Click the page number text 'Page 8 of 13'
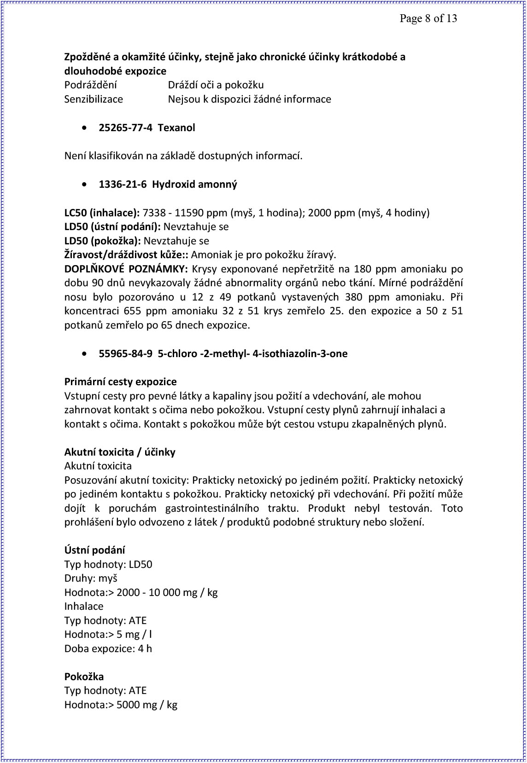pyautogui.click(x=428, y=18)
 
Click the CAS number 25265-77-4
pyautogui.click(x=125, y=127)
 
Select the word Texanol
pyautogui.click(x=176, y=127)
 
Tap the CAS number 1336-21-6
pyautogui.click(x=123, y=184)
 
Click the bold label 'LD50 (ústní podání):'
pyautogui.click(x=112, y=226)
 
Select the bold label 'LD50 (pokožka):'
pyautogui.click(x=103, y=241)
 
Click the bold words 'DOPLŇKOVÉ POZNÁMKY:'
pyautogui.click(x=126, y=269)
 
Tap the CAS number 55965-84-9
pyautogui.click(x=125, y=353)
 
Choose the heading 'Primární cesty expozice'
pyautogui.click(x=120, y=381)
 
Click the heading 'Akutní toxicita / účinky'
pyautogui.click(x=120, y=452)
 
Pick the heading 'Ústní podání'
pyautogui.click(x=94, y=550)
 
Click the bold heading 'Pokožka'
pyautogui.click(x=84, y=676)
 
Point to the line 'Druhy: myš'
pyautogui.click(x=91, y=578)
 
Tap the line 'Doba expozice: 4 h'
pyautogui.click(x=108, y=648)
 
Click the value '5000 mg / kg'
pyautogui.click(x=147, y=705)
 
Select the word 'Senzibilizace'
pyautogui.click(x=94, y=99)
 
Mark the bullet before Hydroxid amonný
pyautogui.click(x=83, y=185)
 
